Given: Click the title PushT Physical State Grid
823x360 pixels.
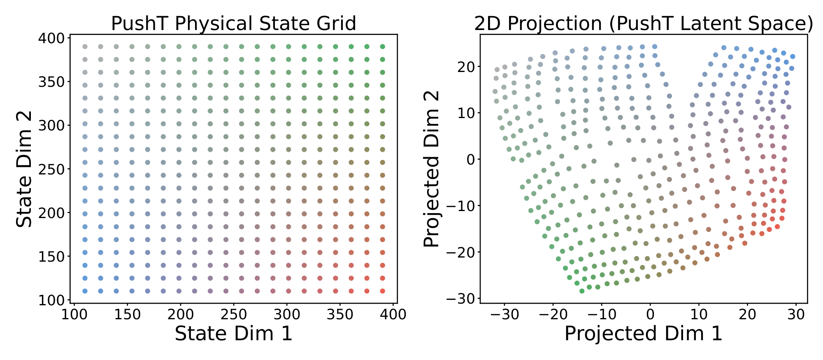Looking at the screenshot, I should (233, 24).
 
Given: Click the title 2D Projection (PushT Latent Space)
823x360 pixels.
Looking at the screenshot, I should (644, 24).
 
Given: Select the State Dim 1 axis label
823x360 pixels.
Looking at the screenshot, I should (233, 333).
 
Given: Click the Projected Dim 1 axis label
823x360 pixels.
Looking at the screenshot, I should (643, 333).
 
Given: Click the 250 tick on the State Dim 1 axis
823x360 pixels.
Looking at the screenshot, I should (234, 315).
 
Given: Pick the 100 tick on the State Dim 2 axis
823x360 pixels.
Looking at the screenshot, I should (51, 300).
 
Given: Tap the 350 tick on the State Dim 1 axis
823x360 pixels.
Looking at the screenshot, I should (340, 315).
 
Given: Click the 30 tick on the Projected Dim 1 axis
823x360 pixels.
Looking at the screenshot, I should (796, 315).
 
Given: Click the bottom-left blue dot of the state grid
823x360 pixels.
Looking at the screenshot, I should (85, 291).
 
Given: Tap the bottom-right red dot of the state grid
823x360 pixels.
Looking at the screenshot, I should (382, 291).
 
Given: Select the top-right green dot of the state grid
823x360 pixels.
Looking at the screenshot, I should (382, 47).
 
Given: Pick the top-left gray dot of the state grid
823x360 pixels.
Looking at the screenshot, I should (85, 47).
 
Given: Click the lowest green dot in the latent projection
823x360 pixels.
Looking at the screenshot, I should (582, 291).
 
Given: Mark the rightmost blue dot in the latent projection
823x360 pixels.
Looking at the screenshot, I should (793, 57).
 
